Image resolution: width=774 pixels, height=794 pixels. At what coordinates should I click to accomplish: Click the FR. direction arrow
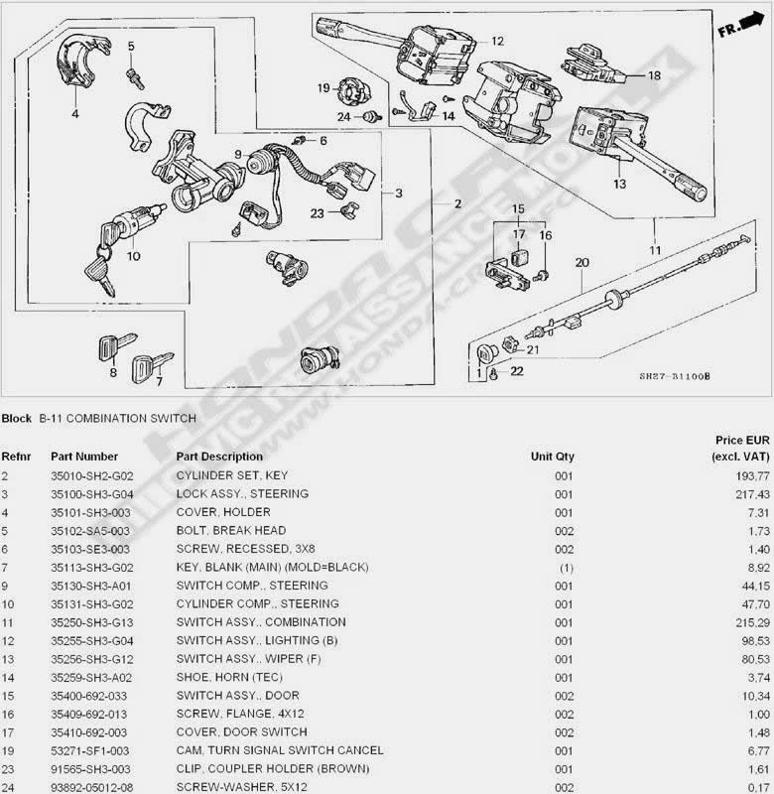pyautogui.click(x=751, y=22)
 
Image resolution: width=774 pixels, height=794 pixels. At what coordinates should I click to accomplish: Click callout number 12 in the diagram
pyautogui.click(x=497, y=41)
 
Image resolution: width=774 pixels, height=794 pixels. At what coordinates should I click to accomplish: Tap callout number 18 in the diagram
pyautogui.click(x=655, y=75)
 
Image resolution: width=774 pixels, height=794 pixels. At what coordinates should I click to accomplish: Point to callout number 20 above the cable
pyautogui.click(x=582, y=262)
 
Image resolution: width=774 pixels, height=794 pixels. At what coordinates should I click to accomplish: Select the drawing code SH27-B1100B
pyautogui.click(x=675, y=376)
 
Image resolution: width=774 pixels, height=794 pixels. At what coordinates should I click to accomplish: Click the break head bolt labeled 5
pyautogui.click(x=135, y=79)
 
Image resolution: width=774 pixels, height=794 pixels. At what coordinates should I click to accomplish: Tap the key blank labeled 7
pyautogui.click(x=151, y=365)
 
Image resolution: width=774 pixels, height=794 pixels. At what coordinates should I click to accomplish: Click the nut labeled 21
pyautogui.click(x=511, y=345)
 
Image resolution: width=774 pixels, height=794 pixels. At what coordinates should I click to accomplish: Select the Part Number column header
pyautogui.click(x=84, y=457)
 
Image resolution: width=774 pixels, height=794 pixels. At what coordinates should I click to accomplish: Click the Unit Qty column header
pyautogui.click(x=553, y=457)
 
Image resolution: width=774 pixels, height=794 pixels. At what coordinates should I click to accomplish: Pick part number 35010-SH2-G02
pyautogui.click(x=91, y=476)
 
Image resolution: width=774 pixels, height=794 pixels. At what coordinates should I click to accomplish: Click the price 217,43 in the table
pyautogui.click(x=752, y=494)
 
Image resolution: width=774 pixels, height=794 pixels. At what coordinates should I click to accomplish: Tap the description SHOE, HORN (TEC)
pyautogui.click(x=229, y=677)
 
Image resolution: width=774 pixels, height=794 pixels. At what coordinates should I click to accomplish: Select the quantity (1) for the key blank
pyautogui.click(x=567, y=568)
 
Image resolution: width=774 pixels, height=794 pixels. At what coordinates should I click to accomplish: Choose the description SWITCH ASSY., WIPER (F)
pyautogui.click(x=248, y=659)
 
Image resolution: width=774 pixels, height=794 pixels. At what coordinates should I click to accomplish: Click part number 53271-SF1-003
pyautogui.click(x=89, y=750)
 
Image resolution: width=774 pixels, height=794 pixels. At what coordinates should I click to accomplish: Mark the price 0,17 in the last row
pyautogui.click(x=759, y=787)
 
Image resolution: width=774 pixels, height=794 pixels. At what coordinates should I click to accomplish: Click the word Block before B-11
pyautogui.click(x=16, y=418)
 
